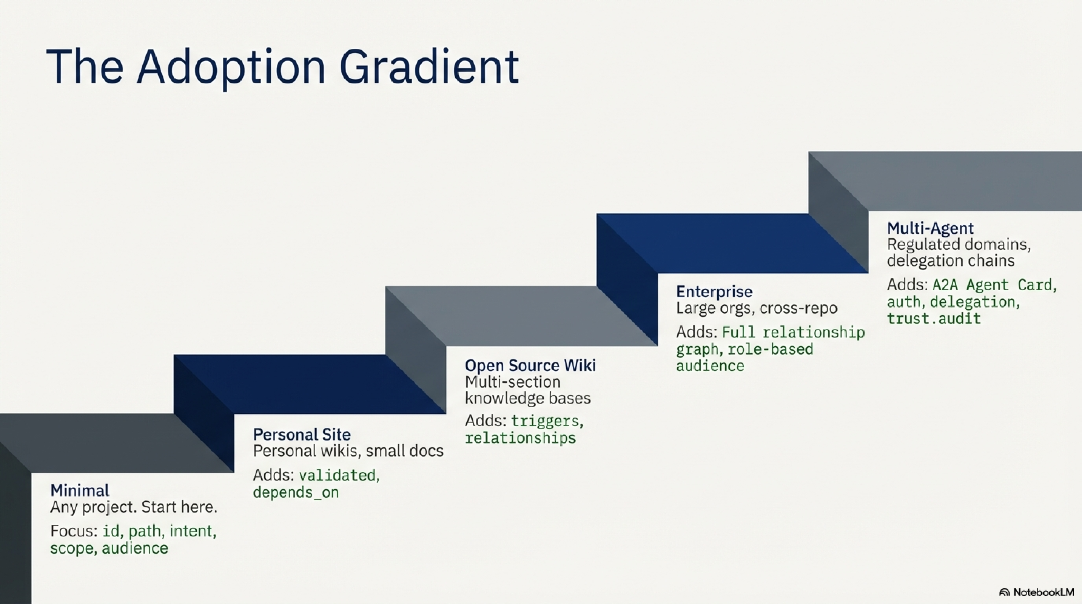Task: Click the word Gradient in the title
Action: click(429, 67)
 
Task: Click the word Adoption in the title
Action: click(231, 67)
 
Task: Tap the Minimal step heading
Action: click(80, 490)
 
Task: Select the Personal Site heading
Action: click(302, 434)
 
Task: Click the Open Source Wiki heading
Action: click(530, 365)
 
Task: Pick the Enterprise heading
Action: click(714, 291)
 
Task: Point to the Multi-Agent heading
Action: click(930, 228)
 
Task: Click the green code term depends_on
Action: click(296, 492)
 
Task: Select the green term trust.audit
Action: click(934, 318)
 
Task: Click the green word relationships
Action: click(520, 438)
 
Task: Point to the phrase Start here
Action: click(179, 507)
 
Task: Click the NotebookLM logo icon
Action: click(1004, 592)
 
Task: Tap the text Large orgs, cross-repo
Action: click(757, 308)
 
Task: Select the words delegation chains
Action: click(951, 260)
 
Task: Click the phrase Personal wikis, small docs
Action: click(348, 451)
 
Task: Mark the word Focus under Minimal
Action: click(73, 531)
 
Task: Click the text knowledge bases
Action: click(527, 398)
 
